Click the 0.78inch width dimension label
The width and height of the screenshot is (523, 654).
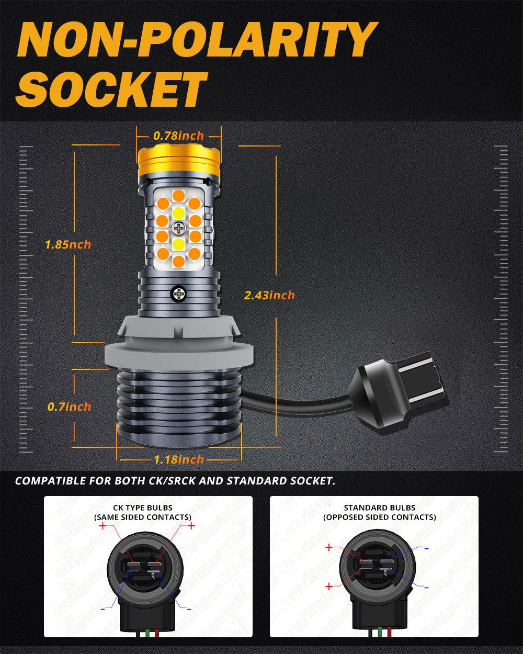click(x=178, y=136)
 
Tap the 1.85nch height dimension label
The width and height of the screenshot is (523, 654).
click(x=68, y=244)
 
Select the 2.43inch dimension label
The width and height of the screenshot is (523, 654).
click(x=269, y=295)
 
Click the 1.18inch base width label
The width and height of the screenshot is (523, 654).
click(x=178, y=459)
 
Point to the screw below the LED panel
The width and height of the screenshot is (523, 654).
click(x=178, y=294)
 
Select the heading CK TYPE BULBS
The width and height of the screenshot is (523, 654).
click(x=142, y=508)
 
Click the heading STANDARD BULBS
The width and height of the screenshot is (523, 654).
click(x=379, y=508)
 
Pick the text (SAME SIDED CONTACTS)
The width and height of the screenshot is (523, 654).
click(x=142, y=517)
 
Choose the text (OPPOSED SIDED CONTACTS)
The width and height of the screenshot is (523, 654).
click(x=379, y=517)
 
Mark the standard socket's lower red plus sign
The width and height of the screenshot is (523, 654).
click(x=328, y=587)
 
